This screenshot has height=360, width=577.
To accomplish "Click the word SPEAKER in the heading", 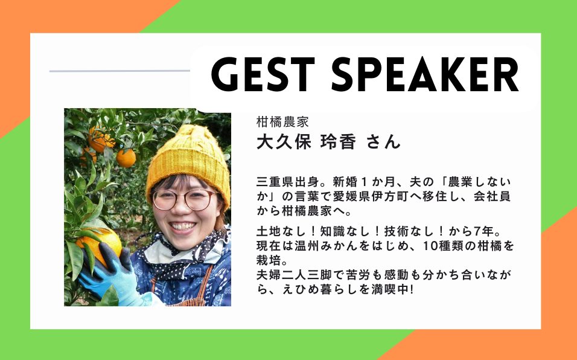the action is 426,74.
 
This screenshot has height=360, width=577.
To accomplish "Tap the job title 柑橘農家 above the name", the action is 282,122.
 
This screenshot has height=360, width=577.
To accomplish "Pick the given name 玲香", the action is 338,142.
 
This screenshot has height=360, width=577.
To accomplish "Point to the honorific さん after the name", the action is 383,142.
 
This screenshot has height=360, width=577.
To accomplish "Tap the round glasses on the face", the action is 185,200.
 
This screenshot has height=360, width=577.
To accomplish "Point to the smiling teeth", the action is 182,226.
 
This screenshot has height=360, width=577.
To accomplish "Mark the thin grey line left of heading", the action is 120,71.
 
